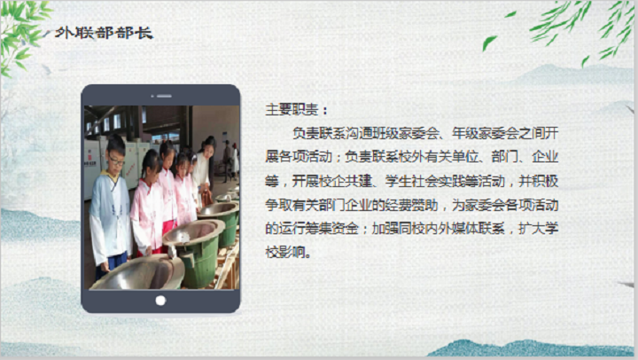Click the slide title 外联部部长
pos(104,33)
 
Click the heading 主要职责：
pos(296,110)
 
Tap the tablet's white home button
pos(160,301)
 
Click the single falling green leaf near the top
pos(489,42)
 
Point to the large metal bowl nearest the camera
pos(137,274)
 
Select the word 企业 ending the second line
pos(545,157)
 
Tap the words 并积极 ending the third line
pos(538,181)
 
